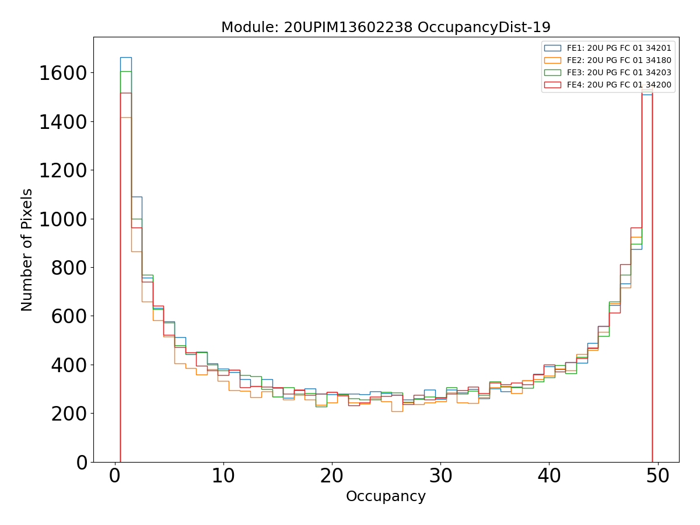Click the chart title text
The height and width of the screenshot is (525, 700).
pos(386,27)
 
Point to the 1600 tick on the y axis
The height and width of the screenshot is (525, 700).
pos(62,73)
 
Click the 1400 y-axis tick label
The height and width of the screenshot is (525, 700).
pos(62,122)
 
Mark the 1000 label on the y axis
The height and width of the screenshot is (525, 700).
pos(62,219)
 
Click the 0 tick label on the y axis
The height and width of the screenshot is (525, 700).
pos(82,462)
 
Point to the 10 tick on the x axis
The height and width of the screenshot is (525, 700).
pos(223,477)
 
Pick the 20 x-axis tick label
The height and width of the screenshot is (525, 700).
pos(331,477)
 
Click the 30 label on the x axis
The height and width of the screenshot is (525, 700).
pos(440,477)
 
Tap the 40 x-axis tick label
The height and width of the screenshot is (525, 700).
pos(549,477)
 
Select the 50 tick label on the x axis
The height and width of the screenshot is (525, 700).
pos(657,477)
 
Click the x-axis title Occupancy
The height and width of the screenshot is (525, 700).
pos(386,496)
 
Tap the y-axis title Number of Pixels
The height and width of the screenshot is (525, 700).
pos(27,250)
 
